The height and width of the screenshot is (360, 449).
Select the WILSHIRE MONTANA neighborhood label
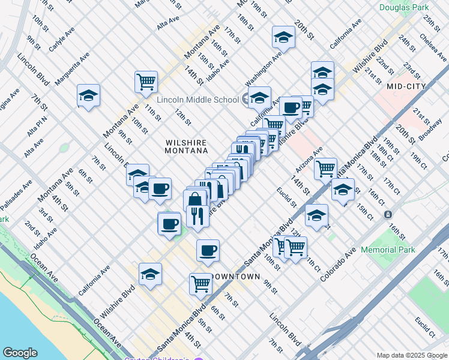click(186, 146)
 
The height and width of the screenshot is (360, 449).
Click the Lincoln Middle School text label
click(197, 100)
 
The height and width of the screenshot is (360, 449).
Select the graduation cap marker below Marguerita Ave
click(88, 96)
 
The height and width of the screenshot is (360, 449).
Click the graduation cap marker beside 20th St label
click(283, 38)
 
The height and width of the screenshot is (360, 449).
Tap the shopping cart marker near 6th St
click(200, 284)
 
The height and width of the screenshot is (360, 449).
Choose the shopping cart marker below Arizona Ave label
click(325, 168)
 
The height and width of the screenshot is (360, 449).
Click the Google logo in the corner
click(20, 353)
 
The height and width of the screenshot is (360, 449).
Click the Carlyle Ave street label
click(61, 37)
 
